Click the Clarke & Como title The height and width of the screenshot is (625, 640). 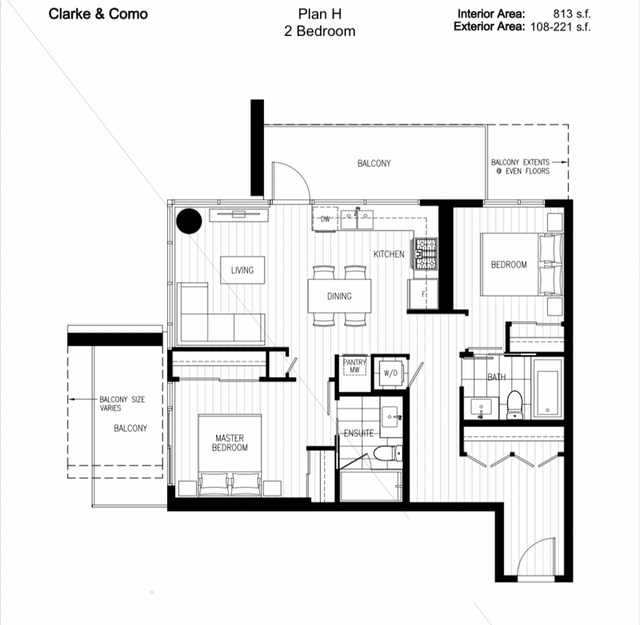click(x=98, y=14)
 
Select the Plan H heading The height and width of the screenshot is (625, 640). click(x=319, y=14)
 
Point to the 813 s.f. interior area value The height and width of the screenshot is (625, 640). click(x=571, y=14)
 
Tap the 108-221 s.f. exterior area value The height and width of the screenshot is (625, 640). click(x=561, y=27)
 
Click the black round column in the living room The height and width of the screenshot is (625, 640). click(x=189, y=221)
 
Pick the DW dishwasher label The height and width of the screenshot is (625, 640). click(x=325, y=219)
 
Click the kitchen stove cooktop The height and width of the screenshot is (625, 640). click(x=426, y=254)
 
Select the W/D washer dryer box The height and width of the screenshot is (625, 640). click(x=390, y=373)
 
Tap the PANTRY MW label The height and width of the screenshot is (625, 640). click(x=354, y=366)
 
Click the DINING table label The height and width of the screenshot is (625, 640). click(x=339, y=296)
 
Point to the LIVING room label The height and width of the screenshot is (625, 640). click(x=242, y=270)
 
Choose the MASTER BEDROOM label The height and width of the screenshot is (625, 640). click(x=230, y=443)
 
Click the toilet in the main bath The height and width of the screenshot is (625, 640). click(x=514, y=404)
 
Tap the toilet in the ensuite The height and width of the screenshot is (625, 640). click(x=387, y=453)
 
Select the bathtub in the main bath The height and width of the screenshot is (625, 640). click(x=548, y=392)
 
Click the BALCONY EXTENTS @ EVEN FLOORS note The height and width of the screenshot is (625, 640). click(x=521, y=167)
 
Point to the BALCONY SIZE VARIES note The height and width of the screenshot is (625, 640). click(x=122, y=404)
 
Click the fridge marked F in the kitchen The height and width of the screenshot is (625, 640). click(x=423, y=294)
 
